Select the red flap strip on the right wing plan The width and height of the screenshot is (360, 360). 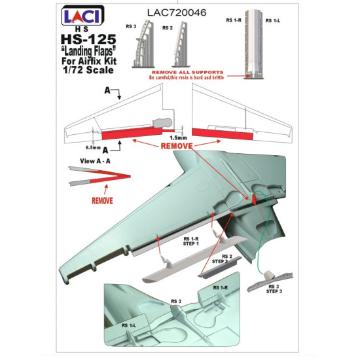[x=222, y=132]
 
